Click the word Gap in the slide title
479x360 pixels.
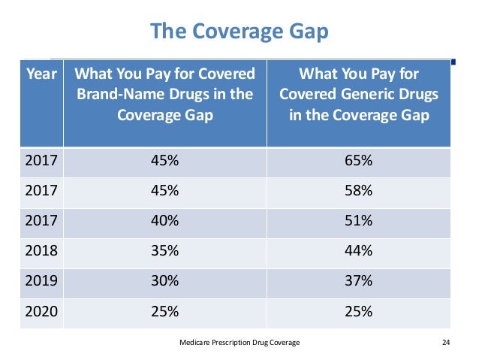click(309, 32)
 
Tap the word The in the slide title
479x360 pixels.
click(168, 31)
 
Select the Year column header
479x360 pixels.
click(41, 74)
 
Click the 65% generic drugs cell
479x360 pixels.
click(359, 160)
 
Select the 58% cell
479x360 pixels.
click(359, 190)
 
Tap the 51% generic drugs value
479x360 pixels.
click(359, 220)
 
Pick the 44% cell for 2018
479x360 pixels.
click(359, 250)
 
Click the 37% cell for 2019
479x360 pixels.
click(359, 280)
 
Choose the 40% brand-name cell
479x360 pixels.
click(164, 220)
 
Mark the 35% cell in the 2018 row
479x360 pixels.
click(164, 250)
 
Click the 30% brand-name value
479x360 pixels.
click(164, 280)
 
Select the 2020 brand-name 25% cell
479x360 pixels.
click(164, 311)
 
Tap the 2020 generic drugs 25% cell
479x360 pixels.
click(359, 311)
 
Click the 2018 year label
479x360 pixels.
click(41, 250)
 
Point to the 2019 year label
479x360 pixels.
click(41, 280)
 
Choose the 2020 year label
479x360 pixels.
click(41, 311)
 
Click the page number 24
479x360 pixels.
click(446, 342)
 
